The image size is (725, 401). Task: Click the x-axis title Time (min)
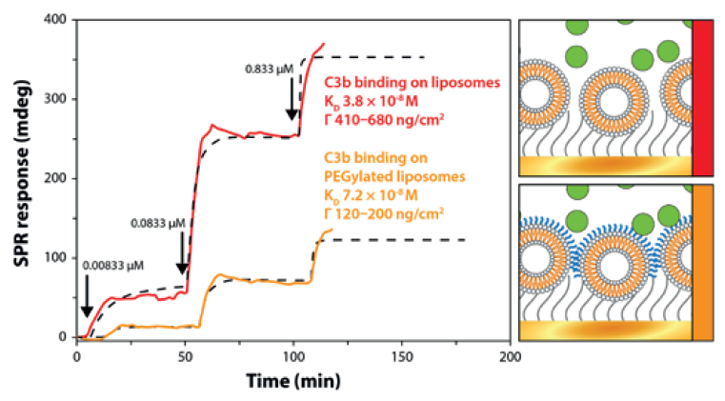point(292,379)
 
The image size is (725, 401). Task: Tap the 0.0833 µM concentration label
point(158,225)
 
